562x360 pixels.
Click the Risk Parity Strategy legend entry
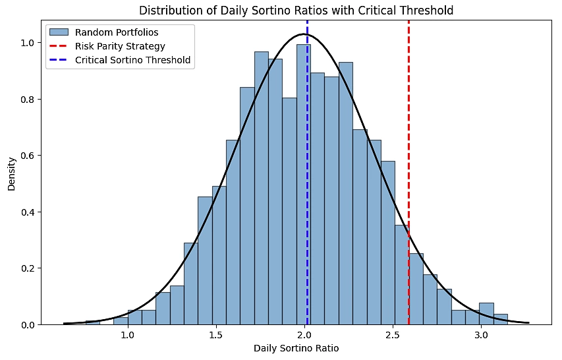coord(120,46)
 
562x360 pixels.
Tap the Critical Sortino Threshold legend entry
coord(132,60)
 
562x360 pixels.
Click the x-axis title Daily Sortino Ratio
coord(296,348)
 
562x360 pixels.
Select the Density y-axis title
coord(12,173)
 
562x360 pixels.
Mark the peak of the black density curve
coord(304,34)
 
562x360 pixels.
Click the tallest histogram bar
coord(303,185)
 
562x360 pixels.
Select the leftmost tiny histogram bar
coord(92,322)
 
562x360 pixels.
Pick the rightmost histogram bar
coord(501,320)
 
